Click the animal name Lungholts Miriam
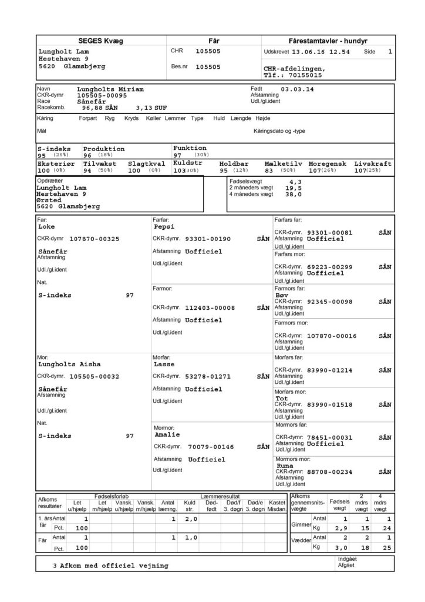110,89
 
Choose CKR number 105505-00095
102,95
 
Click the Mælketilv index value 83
271,170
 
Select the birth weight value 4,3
296,182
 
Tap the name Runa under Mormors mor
285,465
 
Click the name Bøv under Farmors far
282,295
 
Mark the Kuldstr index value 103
180,170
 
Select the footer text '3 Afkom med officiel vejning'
110,566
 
